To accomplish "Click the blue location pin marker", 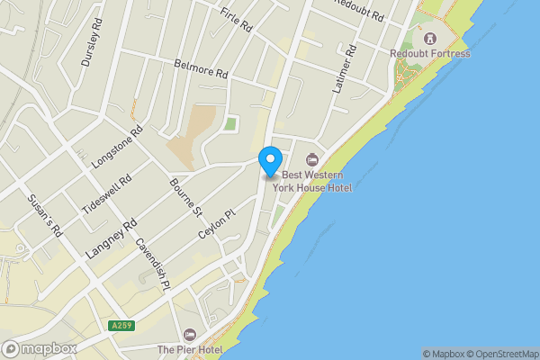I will tap(269, 160).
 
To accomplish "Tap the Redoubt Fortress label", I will tap(430, 54).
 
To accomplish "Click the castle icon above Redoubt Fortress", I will tap(430, 39).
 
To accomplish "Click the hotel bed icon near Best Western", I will tap(312, 159).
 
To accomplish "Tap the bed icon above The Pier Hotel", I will tap(189, 334).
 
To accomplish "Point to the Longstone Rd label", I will tap(118, 147).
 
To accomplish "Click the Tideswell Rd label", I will tap(107, 192).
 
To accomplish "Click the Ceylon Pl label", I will tap(216, 221).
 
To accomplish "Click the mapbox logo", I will tap(39, 348).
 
